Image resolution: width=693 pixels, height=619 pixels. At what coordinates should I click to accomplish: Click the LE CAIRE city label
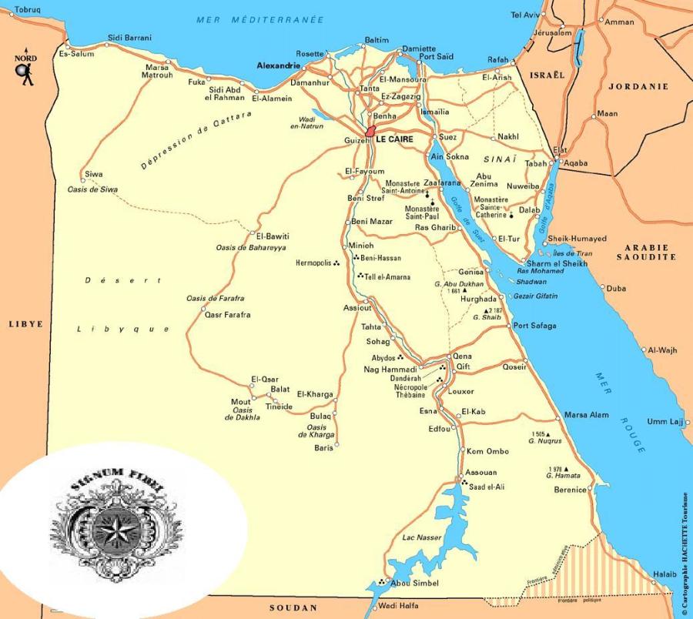(x=394, y=140)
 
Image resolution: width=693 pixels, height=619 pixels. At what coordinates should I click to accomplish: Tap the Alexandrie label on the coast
(x=277, y=66)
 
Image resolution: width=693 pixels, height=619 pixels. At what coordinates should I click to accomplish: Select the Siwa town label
(x=94, y=175)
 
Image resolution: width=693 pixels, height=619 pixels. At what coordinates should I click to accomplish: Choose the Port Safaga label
(x=534, y=326)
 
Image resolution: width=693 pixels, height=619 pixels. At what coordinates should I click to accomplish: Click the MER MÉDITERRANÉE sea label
(x=259, y=19)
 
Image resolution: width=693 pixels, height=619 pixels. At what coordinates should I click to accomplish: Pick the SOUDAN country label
(x=293, y=608)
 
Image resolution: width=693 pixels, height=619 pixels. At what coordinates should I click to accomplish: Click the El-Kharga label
(x=315, y=394)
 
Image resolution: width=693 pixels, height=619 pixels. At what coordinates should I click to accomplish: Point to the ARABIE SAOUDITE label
(x=645, y=253)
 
